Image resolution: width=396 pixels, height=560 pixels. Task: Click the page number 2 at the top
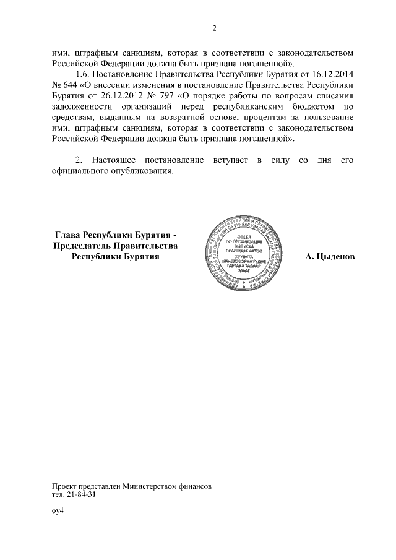click(214, 28)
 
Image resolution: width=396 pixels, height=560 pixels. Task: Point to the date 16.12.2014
click(333, 74)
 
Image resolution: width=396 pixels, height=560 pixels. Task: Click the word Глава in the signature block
click(69, 235)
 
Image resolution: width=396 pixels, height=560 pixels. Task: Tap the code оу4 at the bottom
click(58, 512)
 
